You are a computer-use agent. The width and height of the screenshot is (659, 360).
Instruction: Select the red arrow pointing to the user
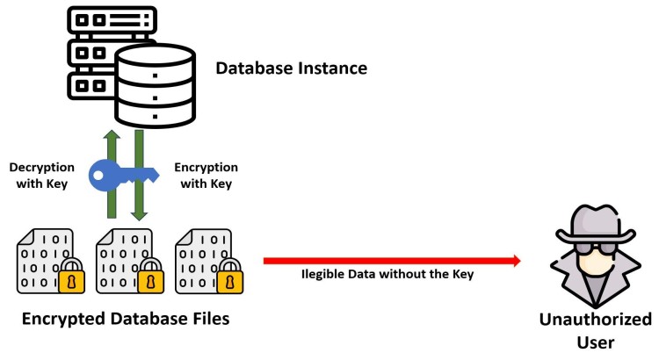390,260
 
